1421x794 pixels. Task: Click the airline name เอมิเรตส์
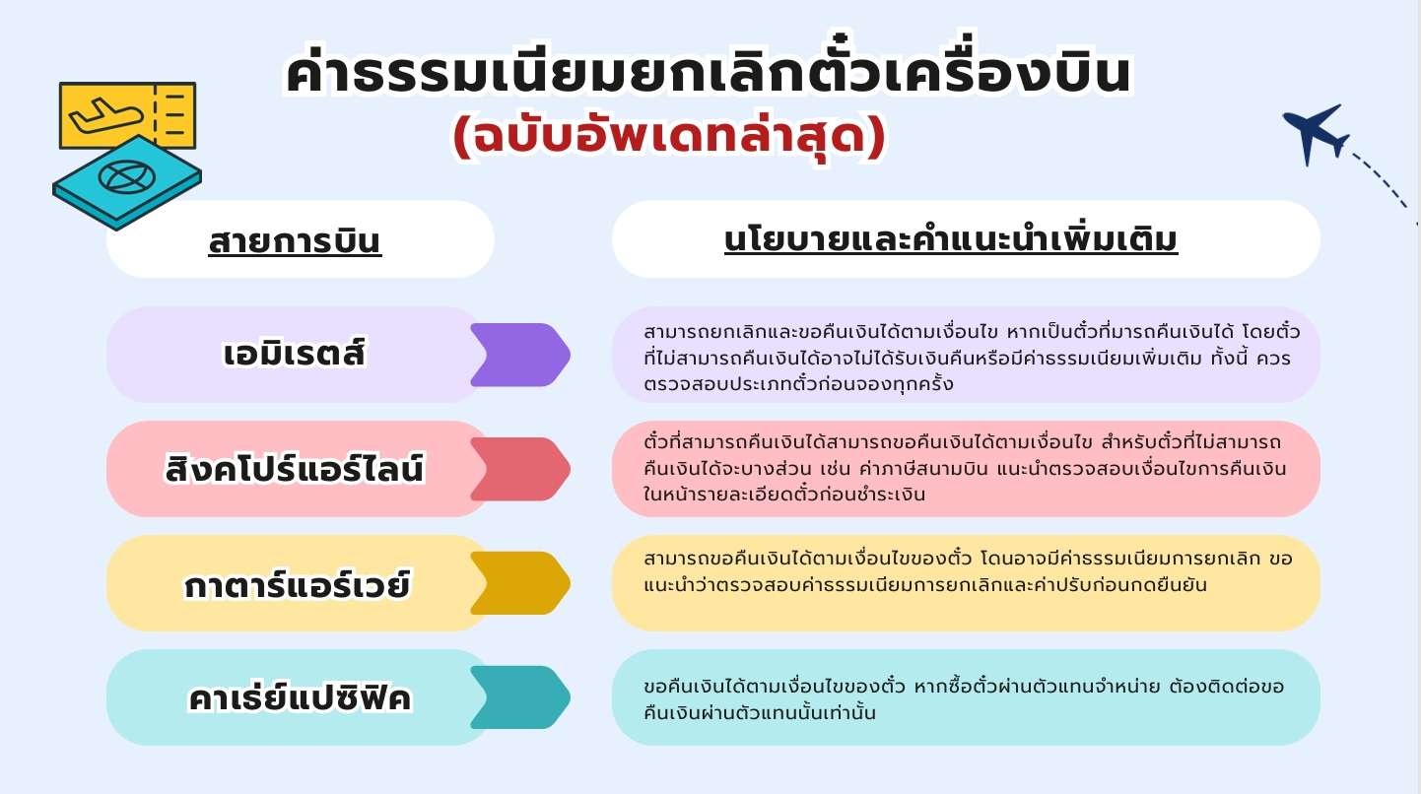tap(295, 354)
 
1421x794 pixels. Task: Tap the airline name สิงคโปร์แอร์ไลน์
tap(295, 469)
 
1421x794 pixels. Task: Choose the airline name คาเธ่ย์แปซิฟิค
tap(299, 698)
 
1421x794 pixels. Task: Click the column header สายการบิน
tap(295, 240)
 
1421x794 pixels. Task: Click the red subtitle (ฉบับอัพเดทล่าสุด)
tap(670, 138)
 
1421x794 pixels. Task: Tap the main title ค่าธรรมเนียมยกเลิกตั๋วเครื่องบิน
tap(708, 75)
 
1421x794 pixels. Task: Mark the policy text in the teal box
tap(964, 698)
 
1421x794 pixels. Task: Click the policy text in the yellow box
tap(967, 571)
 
